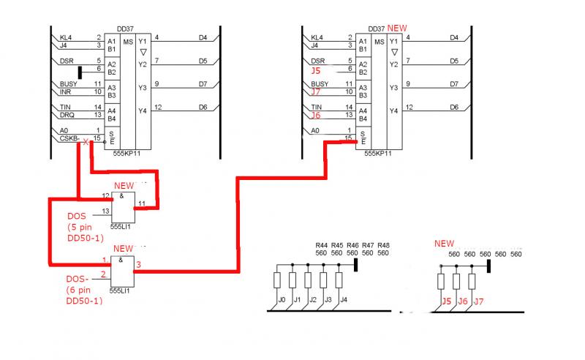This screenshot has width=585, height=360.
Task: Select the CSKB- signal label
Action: [x=69, y=138]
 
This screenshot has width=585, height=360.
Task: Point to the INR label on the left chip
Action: [x=66, y=91]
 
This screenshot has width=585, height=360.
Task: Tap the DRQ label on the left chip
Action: [x=67, y=115]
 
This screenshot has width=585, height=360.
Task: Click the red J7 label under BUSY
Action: [x=316, y=92]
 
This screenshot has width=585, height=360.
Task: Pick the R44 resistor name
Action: [x=321, y=245]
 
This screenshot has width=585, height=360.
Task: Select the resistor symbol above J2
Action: [x=308, y=280]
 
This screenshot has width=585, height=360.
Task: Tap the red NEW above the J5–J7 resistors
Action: [x=444, y=244]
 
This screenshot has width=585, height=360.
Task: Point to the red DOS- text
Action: [x=77, y=279]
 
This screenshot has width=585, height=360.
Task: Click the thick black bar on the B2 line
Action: [x=80, y=71]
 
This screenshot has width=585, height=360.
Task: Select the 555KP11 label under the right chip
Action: [x=379, y=154]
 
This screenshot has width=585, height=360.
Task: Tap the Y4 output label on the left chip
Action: [x=143, y=110]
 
